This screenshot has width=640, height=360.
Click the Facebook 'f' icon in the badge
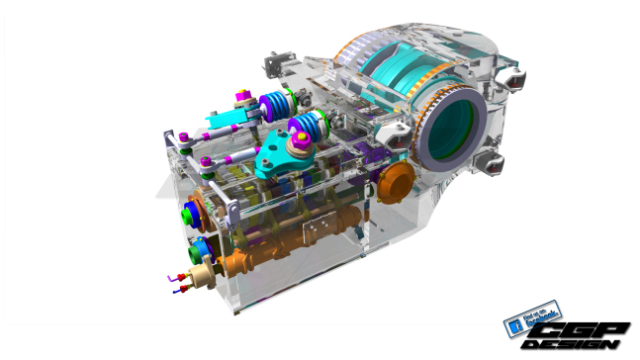pyautogui.click(x=513, y=323)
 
